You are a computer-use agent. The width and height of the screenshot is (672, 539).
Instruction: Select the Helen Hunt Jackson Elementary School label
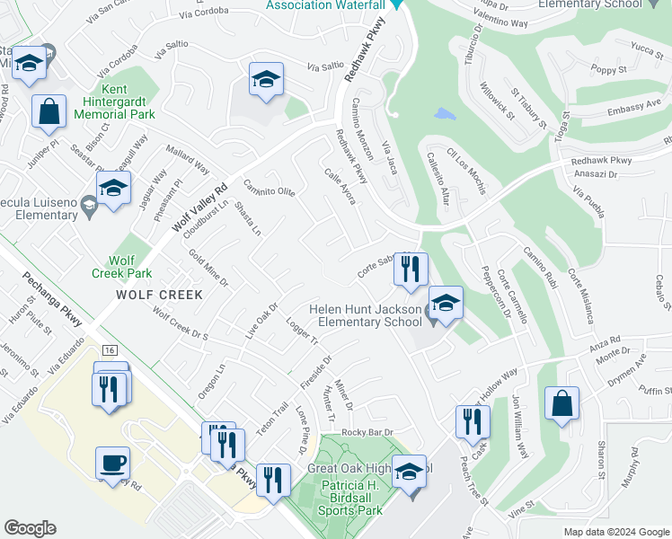click(365, 315)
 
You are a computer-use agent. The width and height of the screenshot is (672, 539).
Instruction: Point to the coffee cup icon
click(113, 463)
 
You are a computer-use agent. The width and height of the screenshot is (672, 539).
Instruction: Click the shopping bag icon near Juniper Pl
click(49, 112)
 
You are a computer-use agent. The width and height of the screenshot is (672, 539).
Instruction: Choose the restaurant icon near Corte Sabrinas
click(411, 269)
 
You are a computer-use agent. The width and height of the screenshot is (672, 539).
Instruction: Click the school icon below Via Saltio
click(266, 80)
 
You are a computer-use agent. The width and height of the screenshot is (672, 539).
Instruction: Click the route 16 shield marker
click(110, 348)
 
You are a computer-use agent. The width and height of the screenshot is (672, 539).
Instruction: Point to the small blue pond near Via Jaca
click(443, 114)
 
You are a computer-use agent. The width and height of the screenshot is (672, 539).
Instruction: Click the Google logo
click(30, 528)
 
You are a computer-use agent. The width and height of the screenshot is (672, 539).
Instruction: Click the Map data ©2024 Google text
click(615, 532)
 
